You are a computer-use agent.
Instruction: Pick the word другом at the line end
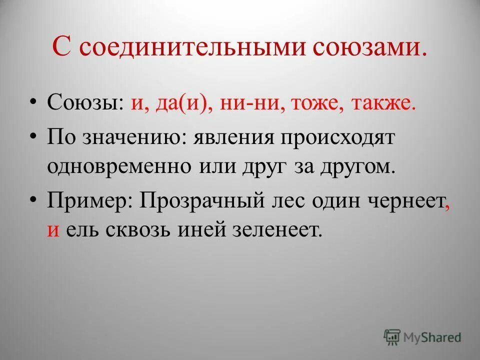pos(357,166)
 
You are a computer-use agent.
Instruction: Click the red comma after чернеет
pos(446,207)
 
